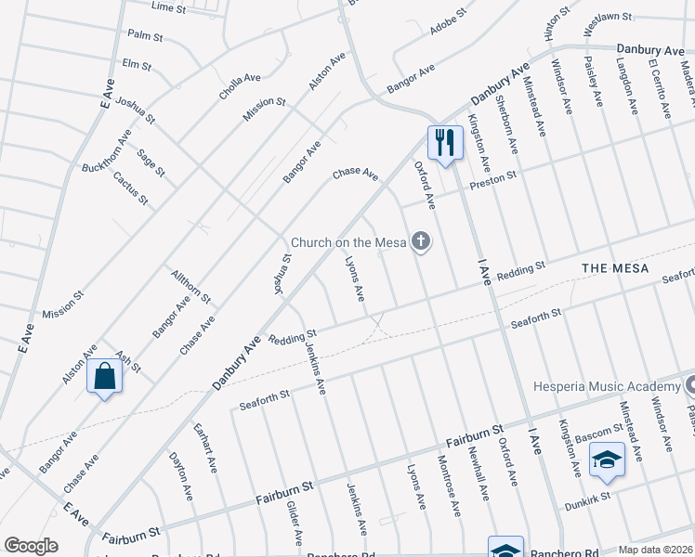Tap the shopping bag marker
[104, 378]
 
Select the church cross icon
[421, 243]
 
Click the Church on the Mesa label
[348, 243]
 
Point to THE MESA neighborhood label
[612, 267]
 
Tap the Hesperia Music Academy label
[607, 387]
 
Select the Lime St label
[168, 6]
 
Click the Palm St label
[145, 36]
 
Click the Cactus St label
[130, 188]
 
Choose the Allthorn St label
[191, 288]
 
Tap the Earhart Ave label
[204, 448]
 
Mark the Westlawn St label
[608, 17]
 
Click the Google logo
[31, 545]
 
